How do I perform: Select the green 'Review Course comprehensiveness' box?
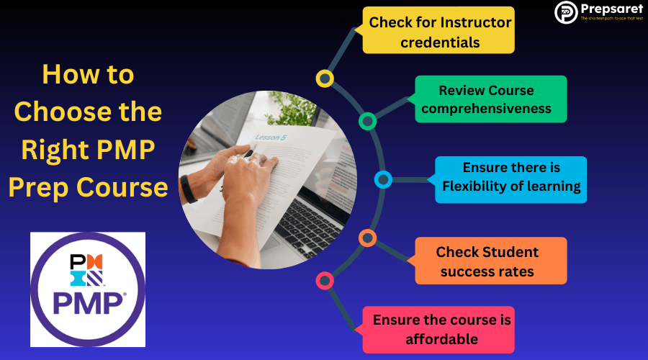(x=486, y=99)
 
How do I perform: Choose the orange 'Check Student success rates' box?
(x=490, y=261)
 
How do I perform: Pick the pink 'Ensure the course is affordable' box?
(x=438, y=329)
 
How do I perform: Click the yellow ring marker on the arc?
(x=325, y=78)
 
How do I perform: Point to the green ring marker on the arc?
(x=367, y=121)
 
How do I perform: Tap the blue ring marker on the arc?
(x=383, y=179)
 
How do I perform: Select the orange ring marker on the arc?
(x=367, y=238)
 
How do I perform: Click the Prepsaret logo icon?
(x=566, y=12)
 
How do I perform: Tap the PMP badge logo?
(x=88, y=289)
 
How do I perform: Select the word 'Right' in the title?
(x=54, y=150)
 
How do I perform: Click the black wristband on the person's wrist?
(x=189, y=189)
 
